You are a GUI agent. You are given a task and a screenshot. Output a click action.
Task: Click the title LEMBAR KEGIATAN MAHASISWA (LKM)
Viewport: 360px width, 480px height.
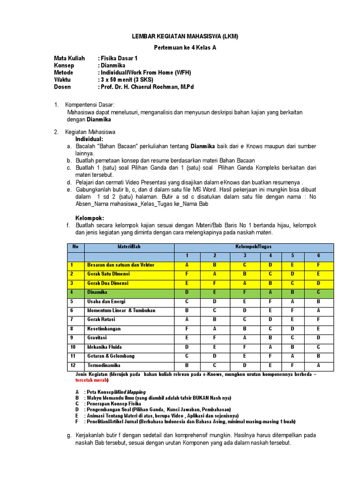(180, 37)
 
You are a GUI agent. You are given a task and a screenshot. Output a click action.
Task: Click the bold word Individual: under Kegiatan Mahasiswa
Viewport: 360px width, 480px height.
(89, 140)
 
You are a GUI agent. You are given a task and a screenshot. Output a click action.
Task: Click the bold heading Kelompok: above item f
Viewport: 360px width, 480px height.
(90, 218)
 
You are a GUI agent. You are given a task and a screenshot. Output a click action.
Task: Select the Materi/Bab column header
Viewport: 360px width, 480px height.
(129, 247)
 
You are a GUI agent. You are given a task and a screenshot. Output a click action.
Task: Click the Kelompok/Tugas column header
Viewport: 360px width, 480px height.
(254, 247)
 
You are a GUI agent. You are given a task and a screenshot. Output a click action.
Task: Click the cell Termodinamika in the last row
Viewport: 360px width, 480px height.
(104, 365)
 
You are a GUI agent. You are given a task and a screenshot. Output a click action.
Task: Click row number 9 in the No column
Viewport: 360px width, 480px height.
(72, 338)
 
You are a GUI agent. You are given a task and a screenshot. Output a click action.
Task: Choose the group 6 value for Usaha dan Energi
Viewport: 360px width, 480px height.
(318, 301)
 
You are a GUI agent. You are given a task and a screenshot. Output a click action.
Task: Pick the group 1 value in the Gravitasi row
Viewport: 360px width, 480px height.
(187, 338)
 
